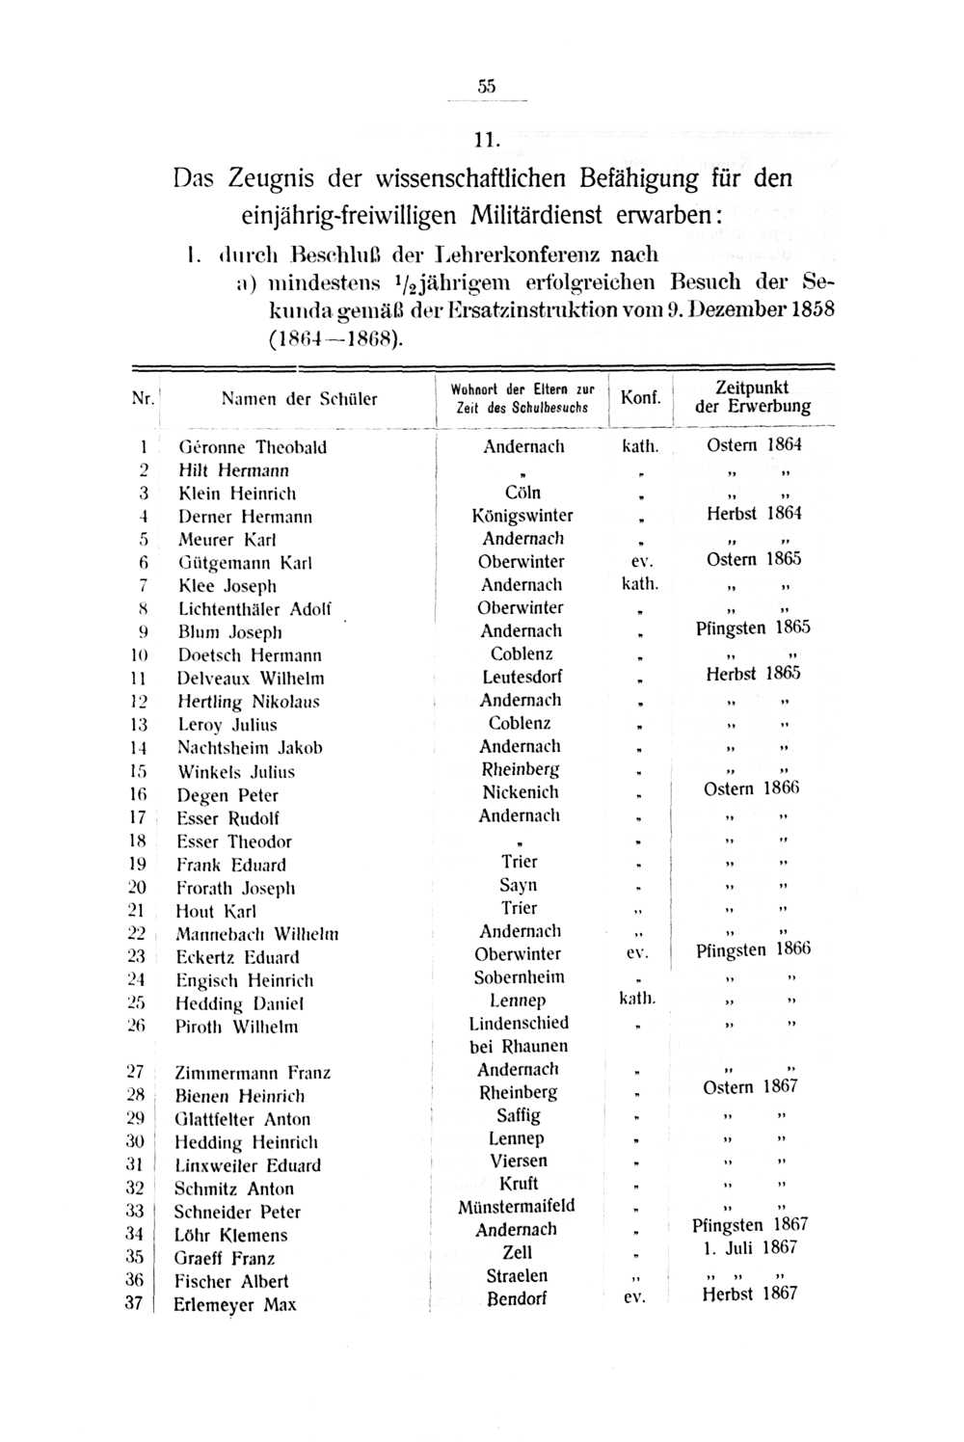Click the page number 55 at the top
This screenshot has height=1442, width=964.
pos(486,86)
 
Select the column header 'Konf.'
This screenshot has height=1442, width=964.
pos(640,398)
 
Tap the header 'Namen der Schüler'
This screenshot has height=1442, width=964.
pos(299,398)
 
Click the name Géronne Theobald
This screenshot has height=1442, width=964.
pos(253,447)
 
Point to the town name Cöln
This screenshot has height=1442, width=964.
pos(522,493)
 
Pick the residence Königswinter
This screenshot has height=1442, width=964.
pos(522,516)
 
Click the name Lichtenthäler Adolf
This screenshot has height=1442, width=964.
pos(254,609)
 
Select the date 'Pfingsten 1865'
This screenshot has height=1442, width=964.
pos(753,628)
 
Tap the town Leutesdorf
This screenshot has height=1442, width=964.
pos(522,677)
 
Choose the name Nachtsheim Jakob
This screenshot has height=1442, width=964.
pos(250,748)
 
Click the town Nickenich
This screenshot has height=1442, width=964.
pos(521,792)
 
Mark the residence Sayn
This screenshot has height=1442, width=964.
pos(519,885)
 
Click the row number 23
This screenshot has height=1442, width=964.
pos(136,956)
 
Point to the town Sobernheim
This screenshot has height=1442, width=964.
pos(520,977)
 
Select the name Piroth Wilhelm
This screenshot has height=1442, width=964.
pos(236,1027)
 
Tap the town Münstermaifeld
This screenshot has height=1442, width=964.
pos(517,1206)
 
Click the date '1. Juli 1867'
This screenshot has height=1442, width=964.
pos(750,1248)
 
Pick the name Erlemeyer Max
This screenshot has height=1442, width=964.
pos(234,1305)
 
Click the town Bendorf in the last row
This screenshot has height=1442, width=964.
pos(516,1298)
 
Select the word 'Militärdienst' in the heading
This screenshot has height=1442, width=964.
pos(545,214)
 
